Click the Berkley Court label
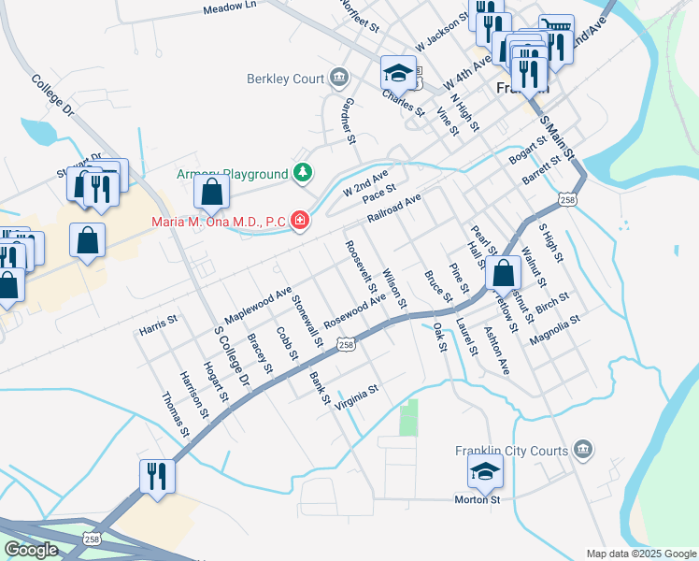coord(284,79)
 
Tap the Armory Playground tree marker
coord(303,173)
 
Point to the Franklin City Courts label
coord(511,451)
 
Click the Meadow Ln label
coord(229,8)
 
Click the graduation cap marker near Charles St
coord(398,72)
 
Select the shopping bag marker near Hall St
coord(504,273)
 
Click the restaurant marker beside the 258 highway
coord(156,476)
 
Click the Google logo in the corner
coord(30,550)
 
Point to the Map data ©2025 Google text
coord(641,554)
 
